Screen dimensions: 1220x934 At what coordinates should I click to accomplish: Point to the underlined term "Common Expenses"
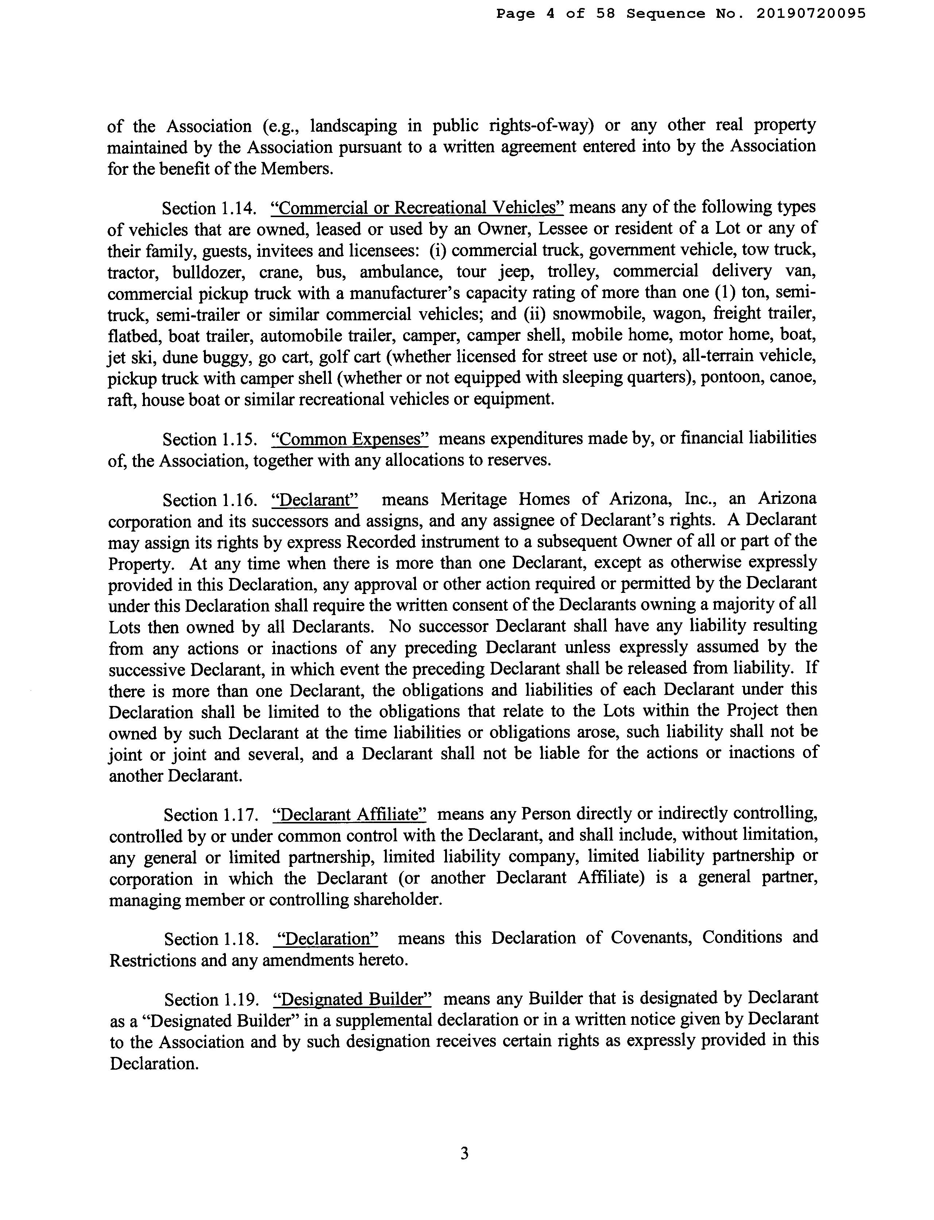coord(350,439)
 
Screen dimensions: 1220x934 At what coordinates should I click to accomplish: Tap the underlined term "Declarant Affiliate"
coord(350,815)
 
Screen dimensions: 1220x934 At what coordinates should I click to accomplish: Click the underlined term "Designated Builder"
coord(353,999)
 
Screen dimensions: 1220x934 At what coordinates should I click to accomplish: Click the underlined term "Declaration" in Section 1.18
coord(327,939)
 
